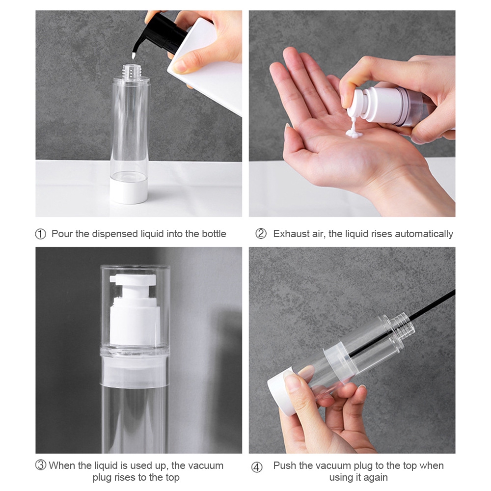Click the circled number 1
pos(40,234)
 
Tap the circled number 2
pos(261,234)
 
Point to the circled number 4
pos(257,467)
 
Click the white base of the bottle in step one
pos(129,191)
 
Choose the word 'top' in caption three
pos(171,478)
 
